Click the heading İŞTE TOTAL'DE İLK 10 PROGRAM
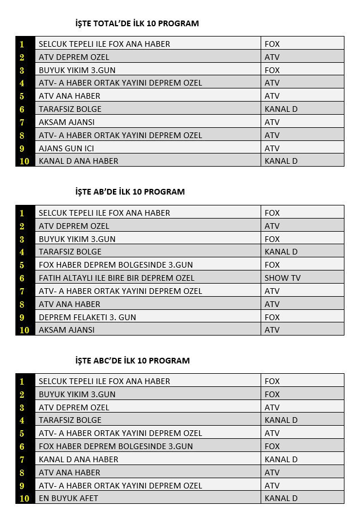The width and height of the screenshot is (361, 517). [137, 23]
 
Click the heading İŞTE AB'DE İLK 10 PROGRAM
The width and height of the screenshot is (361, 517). [130, 192]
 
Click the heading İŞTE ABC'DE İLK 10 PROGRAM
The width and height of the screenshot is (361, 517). [132, 361]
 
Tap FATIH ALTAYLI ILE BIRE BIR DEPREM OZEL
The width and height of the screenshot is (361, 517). [116, 278]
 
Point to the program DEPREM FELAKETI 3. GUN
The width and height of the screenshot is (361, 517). [87, 317]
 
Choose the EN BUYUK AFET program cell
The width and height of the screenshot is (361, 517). [68, 498]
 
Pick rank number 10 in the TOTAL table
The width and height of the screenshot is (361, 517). [24, 161]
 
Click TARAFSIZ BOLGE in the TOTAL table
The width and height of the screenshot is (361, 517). [70, 109]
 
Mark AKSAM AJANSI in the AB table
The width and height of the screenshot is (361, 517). [67, 330]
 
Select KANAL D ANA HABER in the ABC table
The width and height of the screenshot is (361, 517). [79, 459]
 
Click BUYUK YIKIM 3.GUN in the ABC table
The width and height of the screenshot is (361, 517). [77, 394]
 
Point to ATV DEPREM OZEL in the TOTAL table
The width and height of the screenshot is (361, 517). [74, 57]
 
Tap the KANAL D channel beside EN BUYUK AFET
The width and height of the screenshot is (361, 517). [281, 498]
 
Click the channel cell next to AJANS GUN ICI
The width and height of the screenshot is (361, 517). [272, 148]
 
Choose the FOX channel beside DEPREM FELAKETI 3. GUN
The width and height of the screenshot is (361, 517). [272, 317]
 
